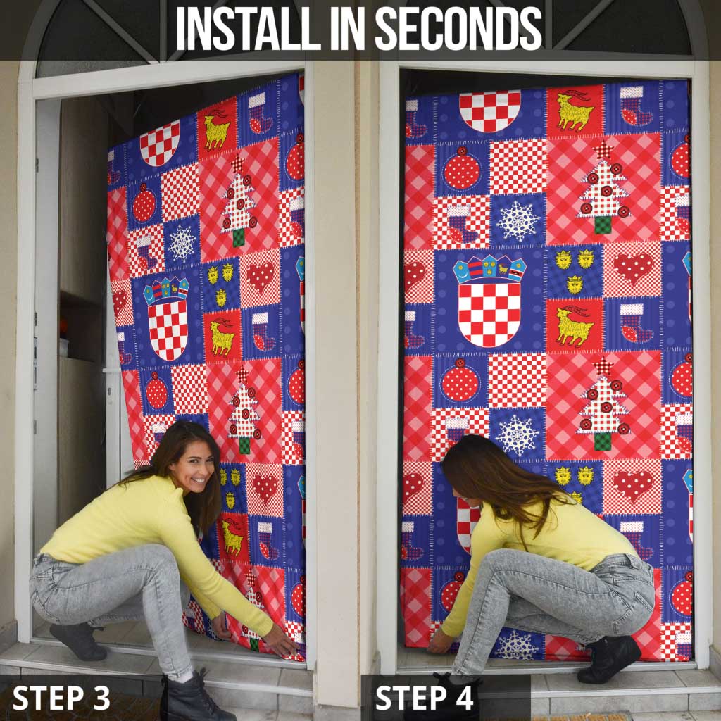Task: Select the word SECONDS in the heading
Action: [458, 30]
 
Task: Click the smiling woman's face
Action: [192, 464]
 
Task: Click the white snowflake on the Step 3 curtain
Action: [182, 243]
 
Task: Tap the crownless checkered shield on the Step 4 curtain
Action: [490, 110]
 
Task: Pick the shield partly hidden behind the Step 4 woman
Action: [466, 525]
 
